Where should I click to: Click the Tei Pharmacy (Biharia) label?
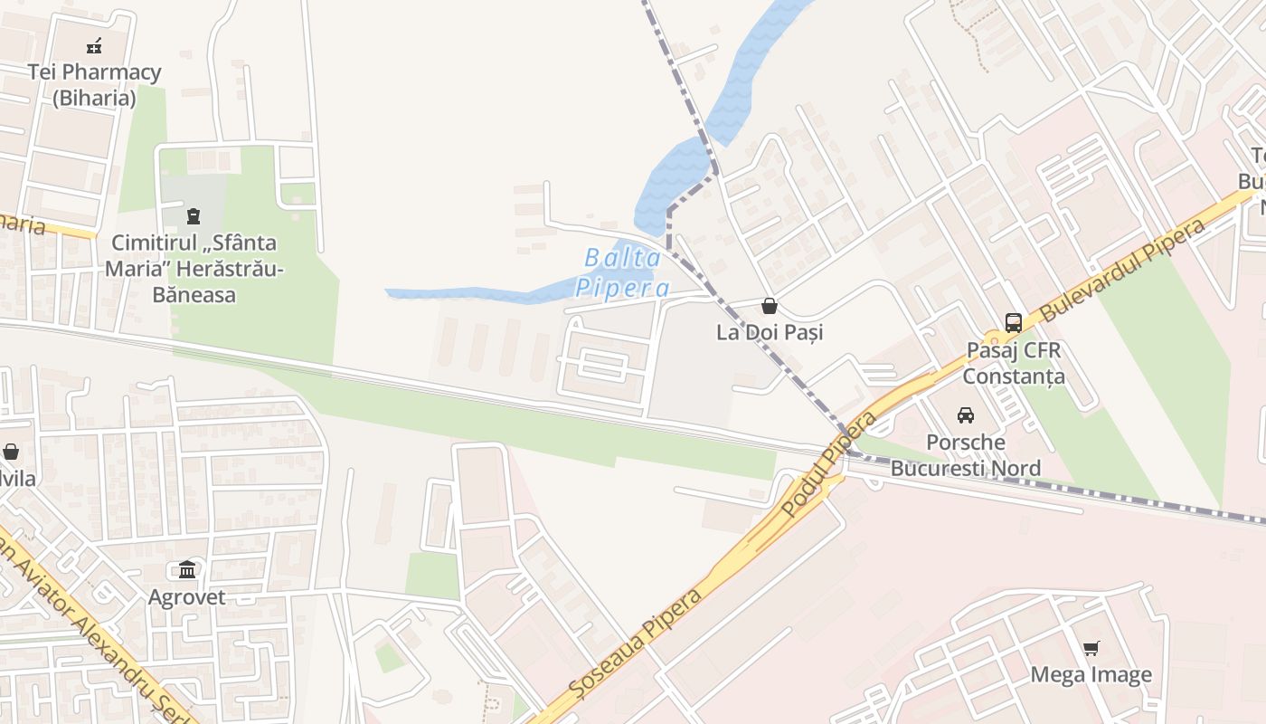click(94, 84)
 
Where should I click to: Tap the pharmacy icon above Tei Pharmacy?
click(94, 45)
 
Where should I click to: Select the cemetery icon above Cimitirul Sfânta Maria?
click(193, 215)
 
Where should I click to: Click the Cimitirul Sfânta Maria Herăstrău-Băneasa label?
click(194, 269)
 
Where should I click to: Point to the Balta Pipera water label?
click(623, 272)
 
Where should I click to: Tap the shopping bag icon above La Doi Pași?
click(770, 306)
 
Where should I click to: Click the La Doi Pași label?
click(770, 332)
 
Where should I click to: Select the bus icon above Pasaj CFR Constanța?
click(1014, 322)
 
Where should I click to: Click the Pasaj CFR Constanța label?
click(1014, 363)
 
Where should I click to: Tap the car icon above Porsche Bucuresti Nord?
click(966, 415)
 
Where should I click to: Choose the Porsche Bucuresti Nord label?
click(966, 455)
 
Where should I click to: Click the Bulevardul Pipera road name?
click(1123, 270)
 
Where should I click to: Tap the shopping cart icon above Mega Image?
click(1091, 648)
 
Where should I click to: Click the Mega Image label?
click(1091, 674)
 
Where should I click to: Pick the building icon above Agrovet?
click(187, 569)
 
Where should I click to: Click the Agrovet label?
click(187, 597)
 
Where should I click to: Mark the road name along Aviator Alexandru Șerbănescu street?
click(90, 624)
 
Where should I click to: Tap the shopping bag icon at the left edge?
click(11, 451)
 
